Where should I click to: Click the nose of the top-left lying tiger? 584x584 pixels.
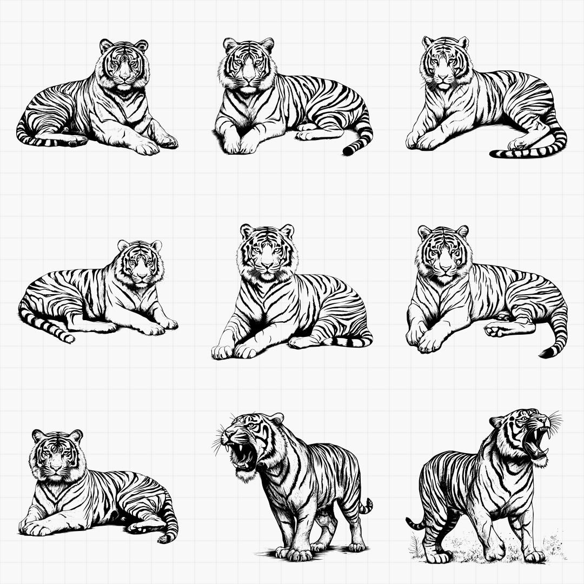pos(125,78)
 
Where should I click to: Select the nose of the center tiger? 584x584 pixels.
pos(267,266)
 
